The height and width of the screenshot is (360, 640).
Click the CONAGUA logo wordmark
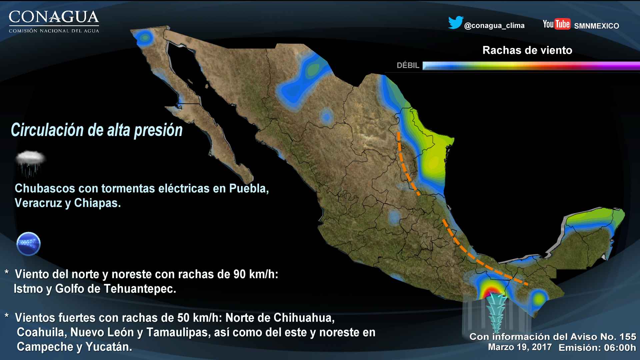(54, 17)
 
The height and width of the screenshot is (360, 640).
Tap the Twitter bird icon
(455, 22)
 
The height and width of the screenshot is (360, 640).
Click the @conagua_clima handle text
(494, 26)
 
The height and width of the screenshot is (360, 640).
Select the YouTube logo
(556, 24)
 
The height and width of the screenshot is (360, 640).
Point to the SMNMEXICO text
(596, 26)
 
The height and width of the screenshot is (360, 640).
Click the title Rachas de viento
(527, 50)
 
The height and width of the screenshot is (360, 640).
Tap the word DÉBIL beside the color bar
(408, 65)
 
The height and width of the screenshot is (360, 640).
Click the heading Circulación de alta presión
(97, 130)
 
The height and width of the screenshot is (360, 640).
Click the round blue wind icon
(28, 244)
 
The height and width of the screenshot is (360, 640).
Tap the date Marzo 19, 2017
(520, 347)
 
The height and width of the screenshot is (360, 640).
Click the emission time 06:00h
(620, 348)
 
